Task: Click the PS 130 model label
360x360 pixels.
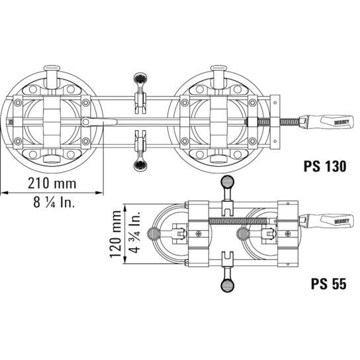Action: click(325, 166)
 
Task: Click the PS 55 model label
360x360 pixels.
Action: click(328, 284)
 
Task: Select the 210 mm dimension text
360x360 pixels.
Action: click(52, 183)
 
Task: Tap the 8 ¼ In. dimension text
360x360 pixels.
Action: click(54, 202)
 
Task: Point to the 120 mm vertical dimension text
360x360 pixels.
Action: click(115, 234)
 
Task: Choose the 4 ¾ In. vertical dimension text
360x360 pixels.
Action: click(134, 232)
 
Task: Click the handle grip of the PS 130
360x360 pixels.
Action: click(326, 122)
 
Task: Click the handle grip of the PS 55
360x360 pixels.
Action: click(326, 221)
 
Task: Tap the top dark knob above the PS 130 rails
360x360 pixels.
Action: click(140, 79)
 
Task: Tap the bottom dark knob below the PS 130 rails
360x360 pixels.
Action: click(140, 165)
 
